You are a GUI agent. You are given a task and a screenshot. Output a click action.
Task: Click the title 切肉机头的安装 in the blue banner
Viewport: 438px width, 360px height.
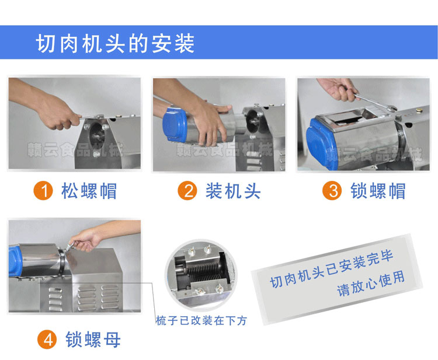tap(115, 43)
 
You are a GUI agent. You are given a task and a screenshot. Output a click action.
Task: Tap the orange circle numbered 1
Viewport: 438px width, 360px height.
tap(43, 191)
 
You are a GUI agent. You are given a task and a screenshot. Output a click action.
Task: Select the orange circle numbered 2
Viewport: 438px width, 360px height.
tap(187, 191)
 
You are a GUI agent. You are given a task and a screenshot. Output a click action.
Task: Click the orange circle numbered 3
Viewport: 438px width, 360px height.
tap(332, 191)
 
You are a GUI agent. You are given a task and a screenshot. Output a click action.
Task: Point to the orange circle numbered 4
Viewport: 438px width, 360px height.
tap(47, 340)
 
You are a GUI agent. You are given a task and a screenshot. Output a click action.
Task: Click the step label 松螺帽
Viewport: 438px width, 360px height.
tap(89, 191)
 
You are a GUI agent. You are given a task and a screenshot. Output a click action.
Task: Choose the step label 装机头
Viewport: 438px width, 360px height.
tap(233, 191)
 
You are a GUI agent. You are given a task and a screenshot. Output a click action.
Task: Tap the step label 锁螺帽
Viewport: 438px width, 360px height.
tap(378, 191)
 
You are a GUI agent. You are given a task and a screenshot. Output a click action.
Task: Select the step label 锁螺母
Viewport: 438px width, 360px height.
tap(93, 340)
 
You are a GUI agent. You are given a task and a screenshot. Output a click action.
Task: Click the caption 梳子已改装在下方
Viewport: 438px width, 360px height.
tap(201, 321)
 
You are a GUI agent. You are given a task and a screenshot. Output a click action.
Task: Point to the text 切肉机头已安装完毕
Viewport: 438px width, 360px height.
tap(332, 270)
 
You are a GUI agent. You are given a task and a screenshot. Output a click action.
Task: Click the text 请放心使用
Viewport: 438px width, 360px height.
tap(371, 284)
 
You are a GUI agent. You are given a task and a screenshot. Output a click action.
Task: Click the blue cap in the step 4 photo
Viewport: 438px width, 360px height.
tap(15, 261)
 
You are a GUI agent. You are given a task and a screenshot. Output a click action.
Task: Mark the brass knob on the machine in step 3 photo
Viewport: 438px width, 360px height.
tap(418, 110)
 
